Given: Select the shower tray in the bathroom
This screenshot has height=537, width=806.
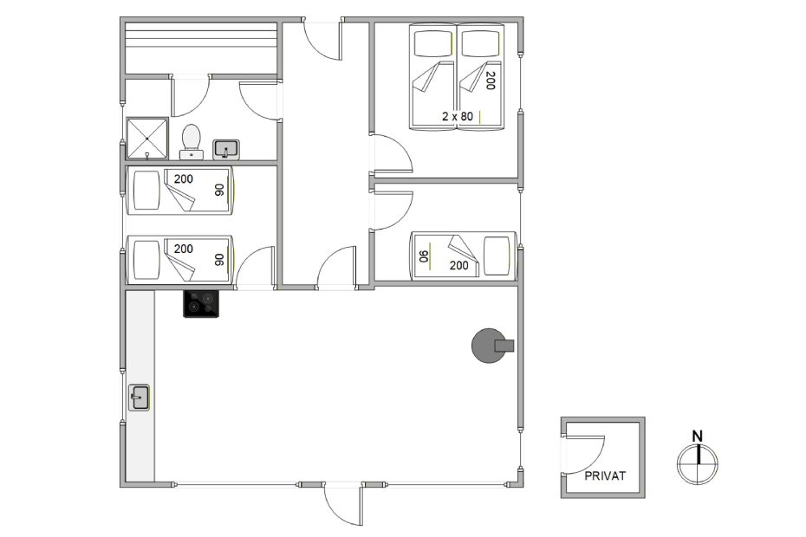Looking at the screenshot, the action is click(x=147, y=139).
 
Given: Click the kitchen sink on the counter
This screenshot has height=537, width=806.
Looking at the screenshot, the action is click(x=139, y=398).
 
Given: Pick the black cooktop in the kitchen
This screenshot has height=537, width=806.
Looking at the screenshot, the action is click(x=201, y=304).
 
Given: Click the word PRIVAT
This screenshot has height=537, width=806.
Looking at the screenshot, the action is click(x=605, y=476).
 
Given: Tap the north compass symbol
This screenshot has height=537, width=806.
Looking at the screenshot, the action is click(x=698, y=463).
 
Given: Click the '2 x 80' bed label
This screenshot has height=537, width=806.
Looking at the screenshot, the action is click(x=458, y=117).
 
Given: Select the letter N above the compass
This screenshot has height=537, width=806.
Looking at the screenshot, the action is click(x=697, y=437).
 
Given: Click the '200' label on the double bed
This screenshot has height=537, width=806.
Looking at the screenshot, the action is click(x=490, y=81).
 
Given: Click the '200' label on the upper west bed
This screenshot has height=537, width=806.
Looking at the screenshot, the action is click(x=184, y=179).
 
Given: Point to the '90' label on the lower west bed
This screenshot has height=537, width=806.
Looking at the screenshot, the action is click(x=219, y=260).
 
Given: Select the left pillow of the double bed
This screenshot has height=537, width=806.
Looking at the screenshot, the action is click(x=432, y=43).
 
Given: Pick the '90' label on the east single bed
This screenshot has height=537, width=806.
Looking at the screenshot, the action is click(x=424, y=256).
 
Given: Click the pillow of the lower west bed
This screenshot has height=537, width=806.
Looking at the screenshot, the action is click(x=146, y=260).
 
